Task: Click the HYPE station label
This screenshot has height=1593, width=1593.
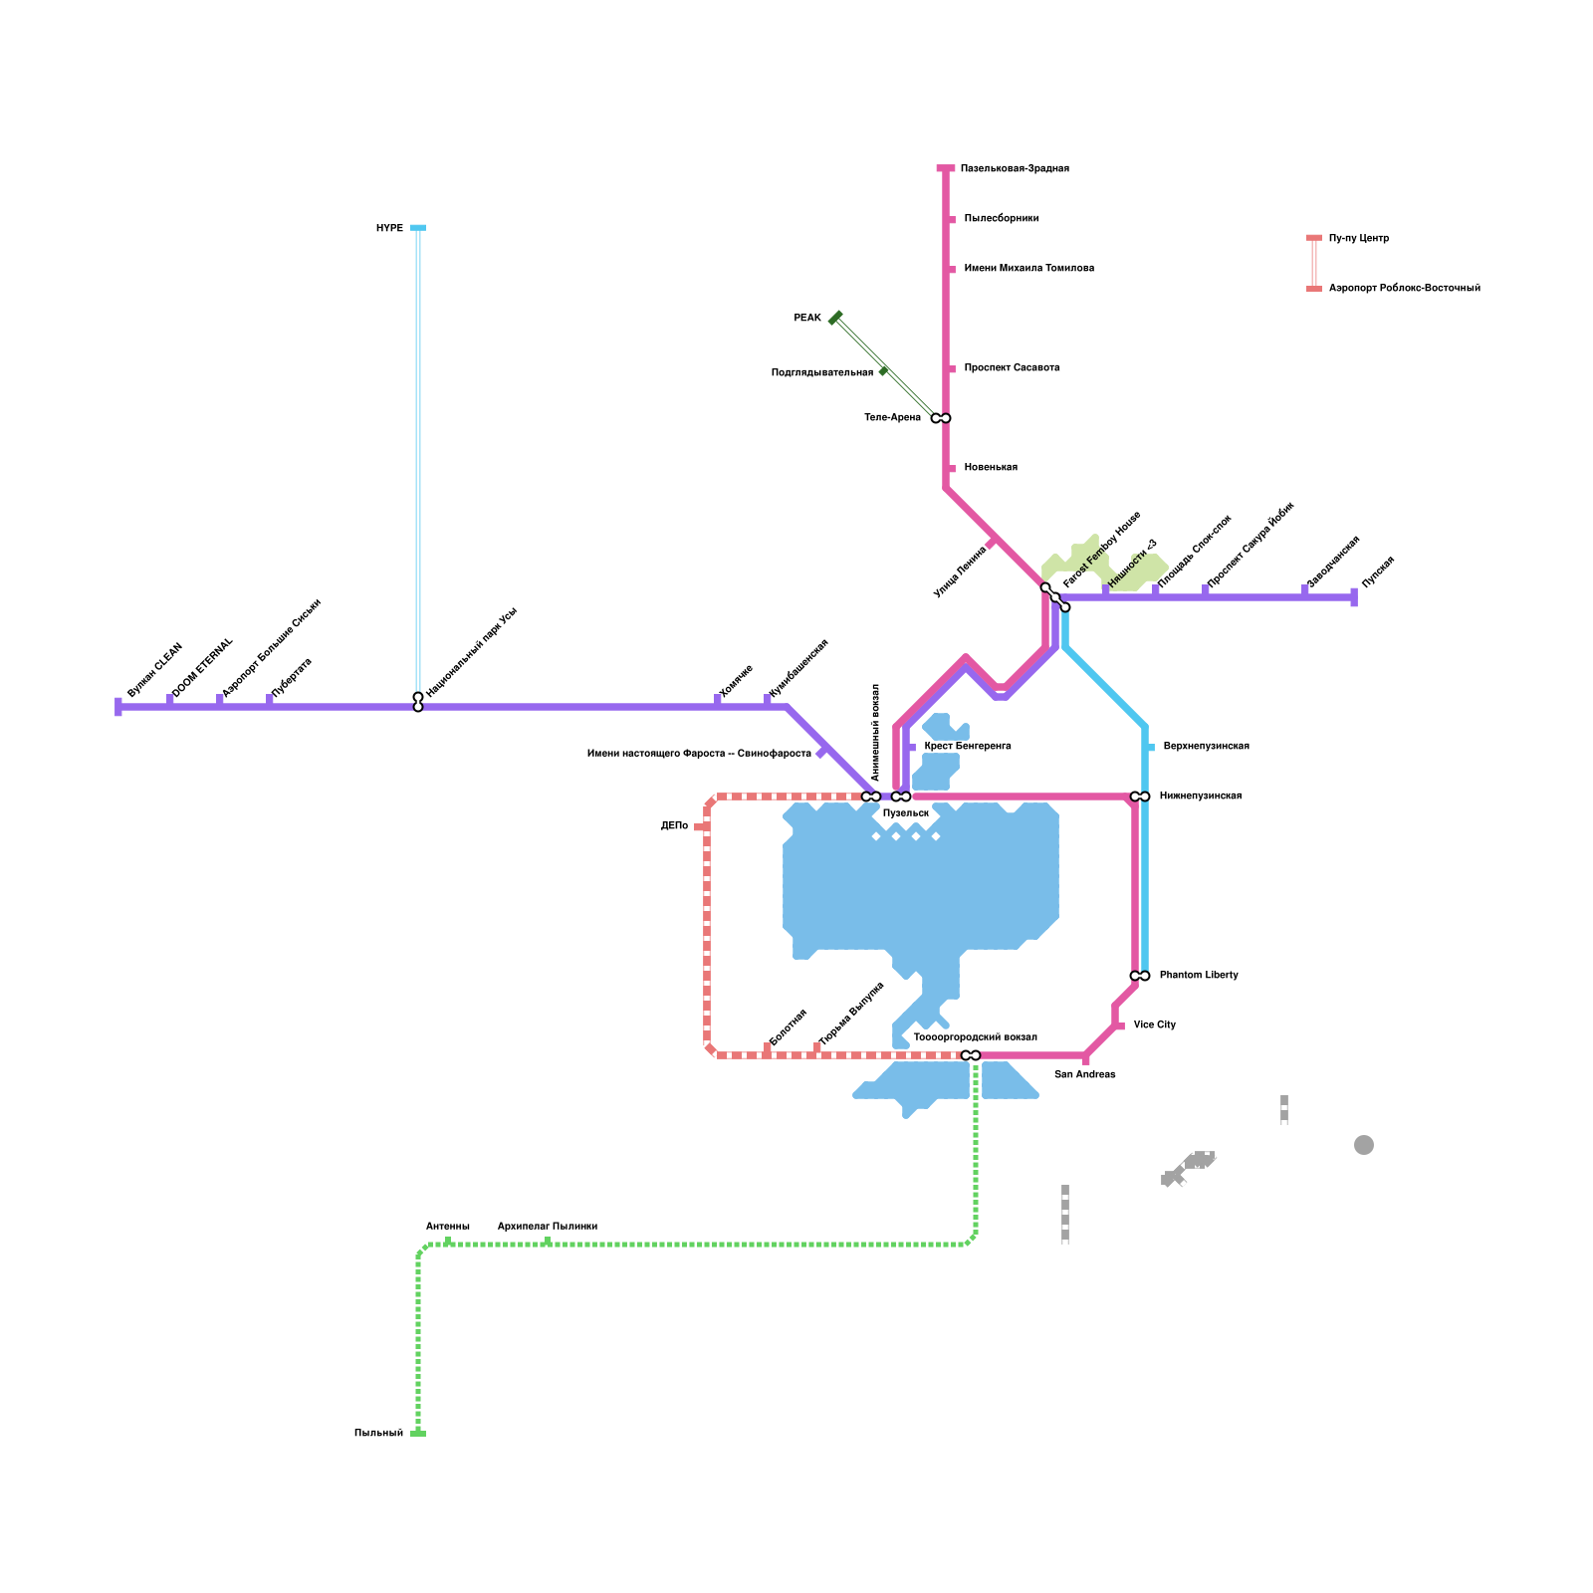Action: [389, 228]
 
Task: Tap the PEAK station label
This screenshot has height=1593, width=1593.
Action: [807, 318]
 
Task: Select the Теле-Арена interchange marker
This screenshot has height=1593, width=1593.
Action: [941, 418]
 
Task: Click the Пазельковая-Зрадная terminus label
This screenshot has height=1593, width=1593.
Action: [1015, 168]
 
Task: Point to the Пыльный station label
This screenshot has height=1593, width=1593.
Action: [378, 1433]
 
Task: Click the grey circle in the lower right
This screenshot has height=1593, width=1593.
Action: [1364, 1145]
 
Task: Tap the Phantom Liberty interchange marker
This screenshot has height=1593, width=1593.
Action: [1140, 976]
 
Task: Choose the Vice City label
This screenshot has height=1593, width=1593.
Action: [1155, 1024]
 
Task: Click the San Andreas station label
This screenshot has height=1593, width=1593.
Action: [1085, 1074]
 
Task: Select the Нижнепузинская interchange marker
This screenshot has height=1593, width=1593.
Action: [1140, 796]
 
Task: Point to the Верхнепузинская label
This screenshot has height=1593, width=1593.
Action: [1206, 746]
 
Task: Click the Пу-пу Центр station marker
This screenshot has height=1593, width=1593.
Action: [1314, 238]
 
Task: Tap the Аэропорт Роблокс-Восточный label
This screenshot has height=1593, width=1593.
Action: [1405, 288]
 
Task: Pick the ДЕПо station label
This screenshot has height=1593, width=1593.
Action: [674, 825]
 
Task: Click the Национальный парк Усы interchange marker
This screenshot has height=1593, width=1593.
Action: [418, 702]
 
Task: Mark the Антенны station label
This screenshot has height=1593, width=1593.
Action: [448, 1227]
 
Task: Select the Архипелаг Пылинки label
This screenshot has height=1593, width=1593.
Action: [548, 1227]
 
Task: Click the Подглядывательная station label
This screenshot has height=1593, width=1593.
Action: [822, 372]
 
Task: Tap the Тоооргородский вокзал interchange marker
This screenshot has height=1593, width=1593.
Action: [971, 1055]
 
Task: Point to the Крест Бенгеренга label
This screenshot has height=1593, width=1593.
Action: [968, 746]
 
